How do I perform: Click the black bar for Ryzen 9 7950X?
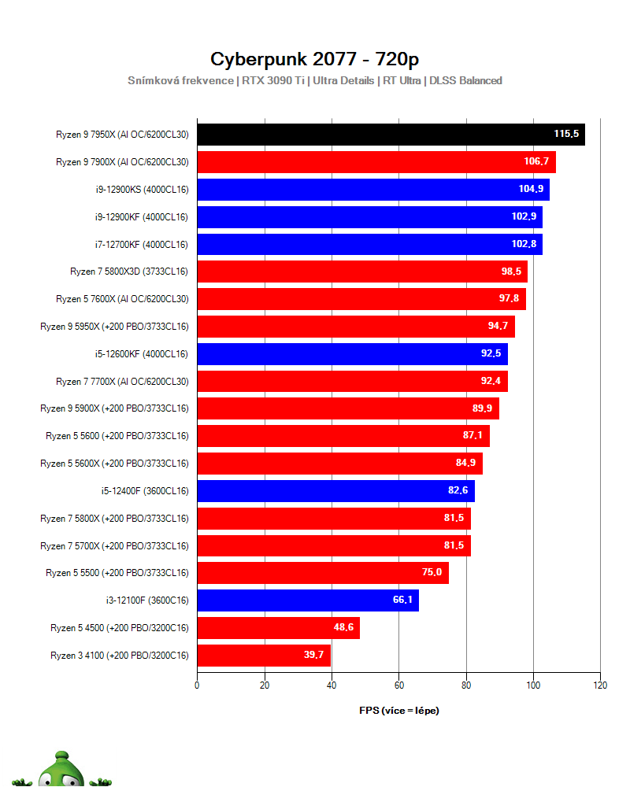[391, 135]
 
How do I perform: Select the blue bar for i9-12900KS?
[372, 190]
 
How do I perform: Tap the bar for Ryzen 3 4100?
[263, 655]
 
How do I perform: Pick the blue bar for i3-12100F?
[307, 600]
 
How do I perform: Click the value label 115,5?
[566, 135]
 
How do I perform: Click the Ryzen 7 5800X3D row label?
[129, 272]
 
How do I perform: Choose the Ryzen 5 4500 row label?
[120, 628]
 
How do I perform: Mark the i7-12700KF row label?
[141, 244]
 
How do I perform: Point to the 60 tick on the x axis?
[398, 685]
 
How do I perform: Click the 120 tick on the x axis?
[600, 685]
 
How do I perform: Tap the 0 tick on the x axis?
[197, 685]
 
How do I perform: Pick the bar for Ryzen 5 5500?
[323, 573]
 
